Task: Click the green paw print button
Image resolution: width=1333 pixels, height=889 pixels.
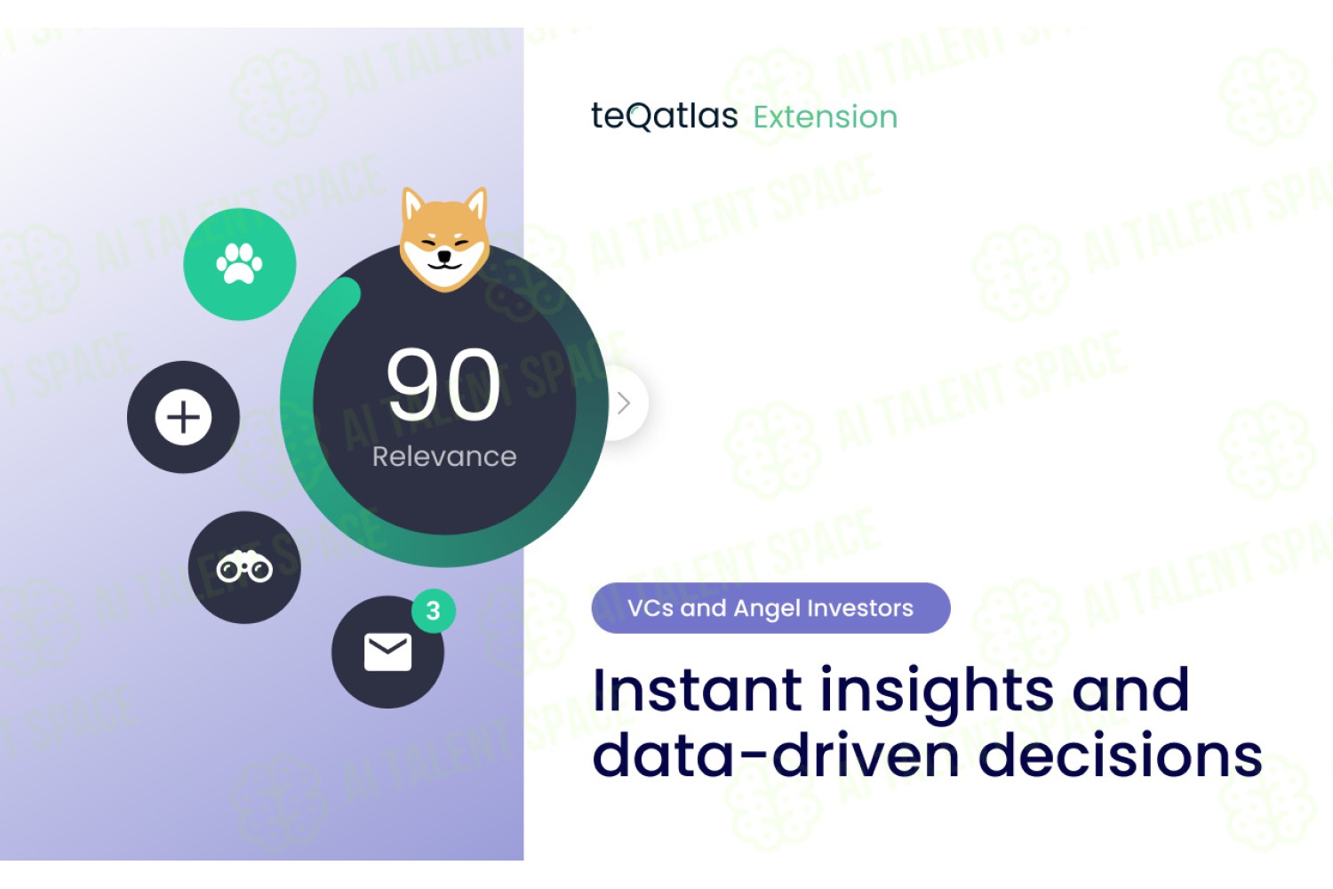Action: (x=239, y=264)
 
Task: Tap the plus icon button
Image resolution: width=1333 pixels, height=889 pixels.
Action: (x=183, y=417)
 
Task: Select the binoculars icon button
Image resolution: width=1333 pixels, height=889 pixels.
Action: (x=244, y=567)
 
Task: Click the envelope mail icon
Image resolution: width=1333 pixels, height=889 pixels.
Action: (x=387, y=652)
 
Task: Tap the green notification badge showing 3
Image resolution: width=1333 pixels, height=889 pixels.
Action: (x=434, y=611)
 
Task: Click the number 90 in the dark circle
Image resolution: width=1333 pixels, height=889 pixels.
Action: (x=443, y=385)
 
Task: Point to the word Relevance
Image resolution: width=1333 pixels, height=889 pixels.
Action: (x=444, y=457)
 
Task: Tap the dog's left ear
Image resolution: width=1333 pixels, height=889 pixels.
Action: (x=413, y=205)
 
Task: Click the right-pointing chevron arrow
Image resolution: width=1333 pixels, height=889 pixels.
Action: (x=624, y=403)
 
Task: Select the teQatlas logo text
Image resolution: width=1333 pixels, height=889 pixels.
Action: (x=664, y=116)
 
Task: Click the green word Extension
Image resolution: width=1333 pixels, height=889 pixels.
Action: (x=826, y=116)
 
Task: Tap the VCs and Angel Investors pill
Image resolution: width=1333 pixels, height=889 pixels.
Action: (x=770, y=608)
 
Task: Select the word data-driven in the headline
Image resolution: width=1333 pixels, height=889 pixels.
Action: (x=776, y=755)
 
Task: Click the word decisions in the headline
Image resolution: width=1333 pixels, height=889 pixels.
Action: (x=1121, y=755)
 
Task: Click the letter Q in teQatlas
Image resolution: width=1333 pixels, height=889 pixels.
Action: (x=640, y=116)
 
